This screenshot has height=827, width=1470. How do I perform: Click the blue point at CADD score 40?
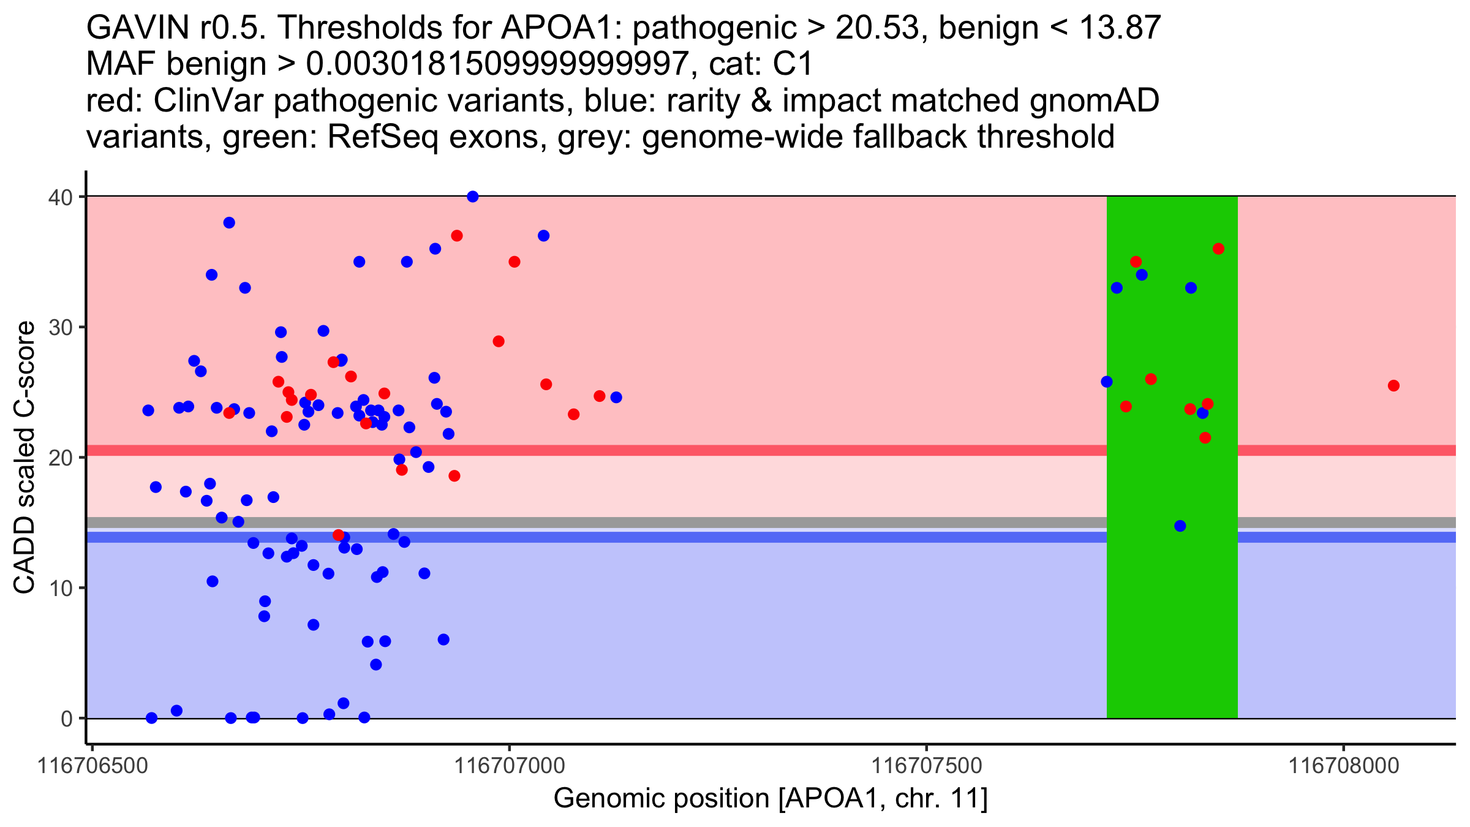pos(472,197)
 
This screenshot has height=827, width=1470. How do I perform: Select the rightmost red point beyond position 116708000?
pos(1393,385)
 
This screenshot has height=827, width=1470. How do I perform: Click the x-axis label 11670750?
pos(926,766)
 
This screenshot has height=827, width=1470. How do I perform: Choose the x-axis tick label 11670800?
pos(1344,766)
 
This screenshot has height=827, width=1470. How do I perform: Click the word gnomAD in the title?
pos(1094,100)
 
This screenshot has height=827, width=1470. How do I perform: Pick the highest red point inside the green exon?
pos(1218,249)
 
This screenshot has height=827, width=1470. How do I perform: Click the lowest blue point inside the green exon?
pos(1180,526)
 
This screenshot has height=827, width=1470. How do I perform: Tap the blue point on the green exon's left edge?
pos(1107,382)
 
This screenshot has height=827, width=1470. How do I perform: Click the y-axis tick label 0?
pos(66,719)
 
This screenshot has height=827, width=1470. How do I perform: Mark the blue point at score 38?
pos(229,222)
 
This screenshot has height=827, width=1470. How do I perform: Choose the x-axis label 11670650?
pos(93,766)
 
